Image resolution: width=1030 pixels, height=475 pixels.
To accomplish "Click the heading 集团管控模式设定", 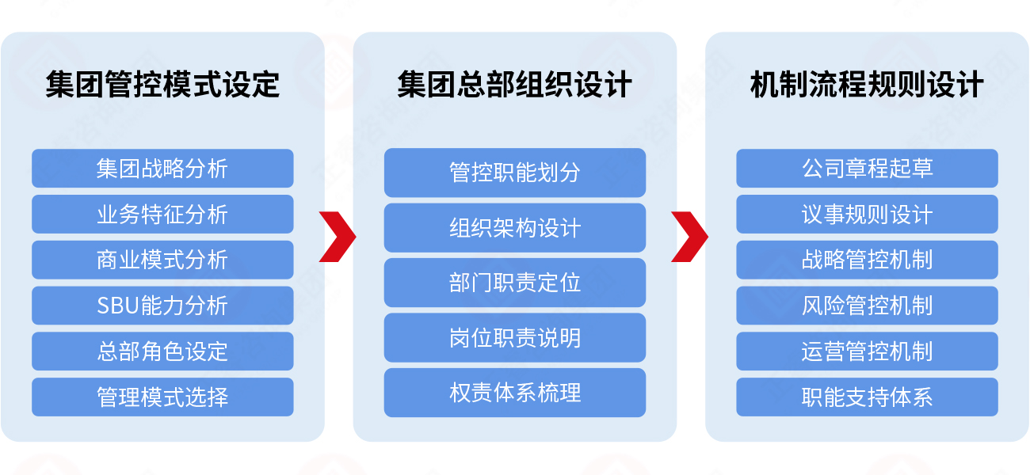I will (162, 84).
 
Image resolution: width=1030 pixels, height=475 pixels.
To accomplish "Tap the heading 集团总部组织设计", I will (514, 84).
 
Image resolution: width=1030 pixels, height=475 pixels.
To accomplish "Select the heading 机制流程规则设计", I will (867, 84).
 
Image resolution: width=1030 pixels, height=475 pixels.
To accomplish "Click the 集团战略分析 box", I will (162, 169).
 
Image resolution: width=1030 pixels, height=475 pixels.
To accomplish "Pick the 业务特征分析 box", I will (162, 215).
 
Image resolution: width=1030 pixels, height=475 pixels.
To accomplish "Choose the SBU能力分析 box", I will (162, 306).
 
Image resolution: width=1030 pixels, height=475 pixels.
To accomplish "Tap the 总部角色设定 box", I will (162, 351).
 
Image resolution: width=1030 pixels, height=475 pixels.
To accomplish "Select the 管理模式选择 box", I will (162, 397).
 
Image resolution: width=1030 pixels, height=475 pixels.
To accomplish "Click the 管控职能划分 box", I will (514, 173).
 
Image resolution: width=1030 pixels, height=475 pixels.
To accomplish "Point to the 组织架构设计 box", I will (514, 228).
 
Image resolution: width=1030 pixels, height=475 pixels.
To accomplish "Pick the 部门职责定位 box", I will (514, 283).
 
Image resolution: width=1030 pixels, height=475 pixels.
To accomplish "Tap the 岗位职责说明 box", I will (514, 338).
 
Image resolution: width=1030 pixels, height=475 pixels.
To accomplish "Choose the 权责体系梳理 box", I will (514, 393).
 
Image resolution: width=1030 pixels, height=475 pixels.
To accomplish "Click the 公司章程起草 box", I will (867, 169).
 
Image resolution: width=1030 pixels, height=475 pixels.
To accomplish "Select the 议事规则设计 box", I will (867, 215).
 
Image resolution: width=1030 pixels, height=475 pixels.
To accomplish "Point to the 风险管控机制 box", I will (867, 306).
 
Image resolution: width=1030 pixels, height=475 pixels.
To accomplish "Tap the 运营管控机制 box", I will (867, 351).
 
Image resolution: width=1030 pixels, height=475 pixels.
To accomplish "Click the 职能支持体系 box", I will (867, 397).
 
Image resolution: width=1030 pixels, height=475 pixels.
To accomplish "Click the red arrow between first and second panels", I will (338, 236).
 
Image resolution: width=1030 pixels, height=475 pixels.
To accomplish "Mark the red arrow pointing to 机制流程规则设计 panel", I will (690, 236).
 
